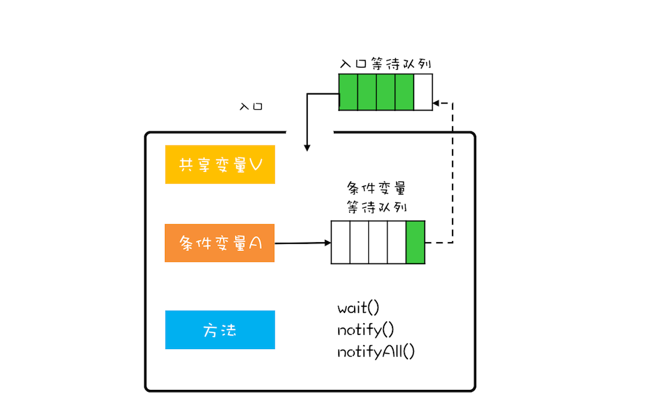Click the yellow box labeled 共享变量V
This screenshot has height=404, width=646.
tap(220, 164)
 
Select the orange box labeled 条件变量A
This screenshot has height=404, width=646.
tap(219, 243)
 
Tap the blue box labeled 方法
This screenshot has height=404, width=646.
tap(220, 330)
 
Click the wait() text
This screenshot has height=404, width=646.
tap(358, 308)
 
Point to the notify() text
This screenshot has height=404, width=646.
tap(365, 329)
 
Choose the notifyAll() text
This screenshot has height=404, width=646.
tap(376, 351)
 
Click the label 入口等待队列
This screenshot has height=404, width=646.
tap(386, 64)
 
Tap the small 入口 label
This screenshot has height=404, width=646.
tap(251, 106)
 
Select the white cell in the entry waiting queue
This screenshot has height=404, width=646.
tap(423, 92)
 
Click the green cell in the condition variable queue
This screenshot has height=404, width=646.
tap(415, 243)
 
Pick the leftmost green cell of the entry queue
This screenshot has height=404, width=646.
tap(348, 92)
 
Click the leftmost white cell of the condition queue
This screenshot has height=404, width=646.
tap(341, 243)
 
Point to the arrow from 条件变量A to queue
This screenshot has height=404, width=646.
tap(303, 243)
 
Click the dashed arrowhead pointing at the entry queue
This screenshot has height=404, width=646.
tap(436, 103)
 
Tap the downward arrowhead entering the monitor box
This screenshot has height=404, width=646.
tap(307, 148)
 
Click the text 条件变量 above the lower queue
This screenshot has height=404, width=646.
tap(377, 188)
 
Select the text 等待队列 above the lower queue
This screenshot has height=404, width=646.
tap(377, 207)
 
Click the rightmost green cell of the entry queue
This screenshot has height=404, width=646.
tap(404, 92)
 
